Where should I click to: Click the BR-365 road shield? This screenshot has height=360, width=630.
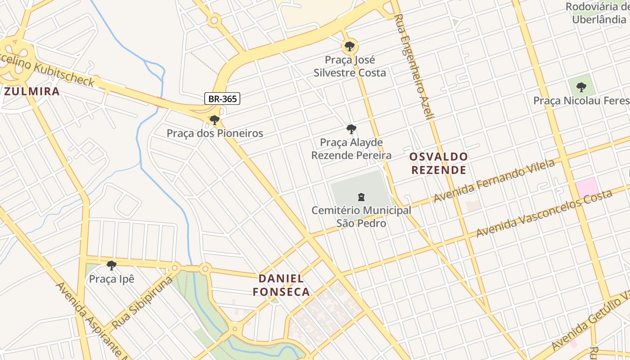222,99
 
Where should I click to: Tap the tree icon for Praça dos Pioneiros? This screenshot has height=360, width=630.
215,120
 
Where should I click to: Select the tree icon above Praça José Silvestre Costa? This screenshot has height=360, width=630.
349,46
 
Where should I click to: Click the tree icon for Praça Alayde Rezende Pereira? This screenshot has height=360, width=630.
351,130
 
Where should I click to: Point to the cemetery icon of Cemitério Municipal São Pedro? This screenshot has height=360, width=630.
361,197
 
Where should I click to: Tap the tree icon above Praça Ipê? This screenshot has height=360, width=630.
112,265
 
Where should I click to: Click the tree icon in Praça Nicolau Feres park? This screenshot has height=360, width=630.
581,87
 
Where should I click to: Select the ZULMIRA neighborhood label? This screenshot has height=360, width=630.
32,91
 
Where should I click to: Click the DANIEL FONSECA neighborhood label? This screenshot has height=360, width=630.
281,285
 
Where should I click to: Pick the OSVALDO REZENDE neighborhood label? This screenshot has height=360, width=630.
438,163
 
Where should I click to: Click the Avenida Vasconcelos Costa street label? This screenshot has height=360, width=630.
544,213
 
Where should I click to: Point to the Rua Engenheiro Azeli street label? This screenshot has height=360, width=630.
414,67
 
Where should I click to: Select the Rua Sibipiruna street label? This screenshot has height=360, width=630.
142,302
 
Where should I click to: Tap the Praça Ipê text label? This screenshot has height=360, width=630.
112,279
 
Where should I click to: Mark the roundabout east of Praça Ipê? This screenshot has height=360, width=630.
205,269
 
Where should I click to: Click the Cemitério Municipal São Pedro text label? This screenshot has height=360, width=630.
361,216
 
